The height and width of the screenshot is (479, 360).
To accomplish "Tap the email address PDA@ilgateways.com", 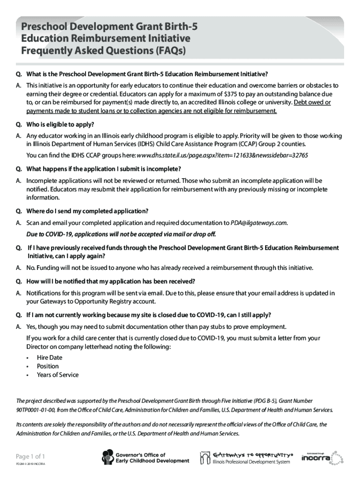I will tap(259, 223).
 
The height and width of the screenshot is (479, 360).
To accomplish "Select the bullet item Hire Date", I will tap(49, 357).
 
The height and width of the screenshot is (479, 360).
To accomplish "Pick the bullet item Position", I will tap(48, 366).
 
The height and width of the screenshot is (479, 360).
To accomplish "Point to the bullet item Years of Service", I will tap(58, 375).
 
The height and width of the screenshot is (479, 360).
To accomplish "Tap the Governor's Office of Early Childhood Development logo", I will tap(145, 457).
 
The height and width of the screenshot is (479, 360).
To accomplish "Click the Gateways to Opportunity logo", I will tap(246, 457).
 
